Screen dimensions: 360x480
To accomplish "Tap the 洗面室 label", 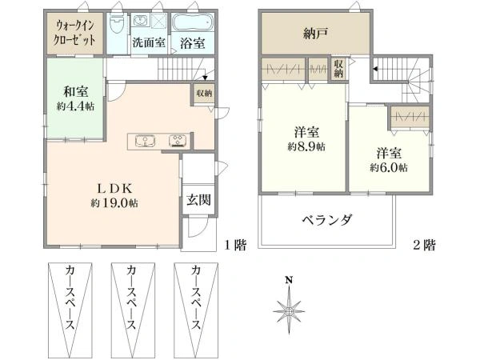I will (x=148, y=42).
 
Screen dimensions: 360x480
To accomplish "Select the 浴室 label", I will (x=192, y=42).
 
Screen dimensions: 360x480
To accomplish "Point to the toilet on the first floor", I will (x=118, y=24).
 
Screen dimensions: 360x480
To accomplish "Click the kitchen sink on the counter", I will (x=145, y=142).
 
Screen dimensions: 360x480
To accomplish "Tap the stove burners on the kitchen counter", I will (x=176, y=142).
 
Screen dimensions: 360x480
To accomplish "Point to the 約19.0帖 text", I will (x=114, y=203).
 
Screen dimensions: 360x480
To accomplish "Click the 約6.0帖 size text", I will (x=388, y=168).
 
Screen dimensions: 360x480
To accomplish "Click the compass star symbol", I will (x=290, y=308).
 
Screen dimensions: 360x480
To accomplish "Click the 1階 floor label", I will (x=234, y=246).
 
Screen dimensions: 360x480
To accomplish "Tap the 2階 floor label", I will (x=424, y=246).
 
